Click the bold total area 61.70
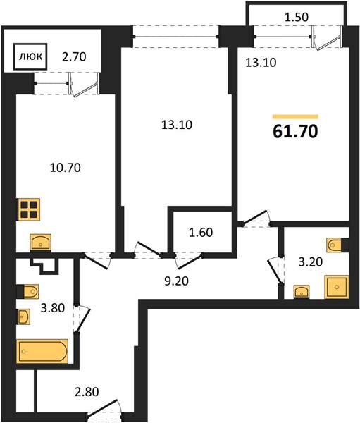(x=295, y=132)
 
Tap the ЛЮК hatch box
(x=31, y=57)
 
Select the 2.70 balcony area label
(x=74, y=57)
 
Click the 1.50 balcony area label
(x=297, y=17)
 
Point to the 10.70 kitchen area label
(x=66, y=168)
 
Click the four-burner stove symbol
(x=28, y=209)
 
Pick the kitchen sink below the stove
(x=41, y=242)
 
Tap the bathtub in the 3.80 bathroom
(x=42, y=351)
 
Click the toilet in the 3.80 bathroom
(x=28, y=291)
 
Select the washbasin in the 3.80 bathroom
(x=24, y=317)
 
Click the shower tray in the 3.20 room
(x=337, y=287)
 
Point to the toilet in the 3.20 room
(x=337, y=245)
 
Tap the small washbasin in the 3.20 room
(x=302, y=292)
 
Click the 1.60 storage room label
(x=201, y=232)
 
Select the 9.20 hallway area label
(x=176, y=281)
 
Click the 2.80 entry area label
(x=87, y=392)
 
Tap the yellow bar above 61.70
(x=295, y=117)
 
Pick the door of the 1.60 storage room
(x=190, y=261)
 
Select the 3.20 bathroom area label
(x=311, y=262)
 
